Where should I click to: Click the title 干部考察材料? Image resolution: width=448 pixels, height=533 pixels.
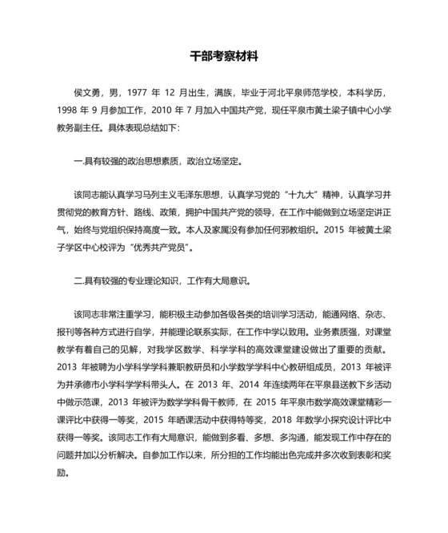tap(224, 57)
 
